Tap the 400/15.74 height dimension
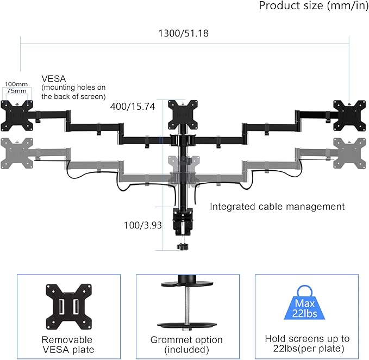[x=133, y=107]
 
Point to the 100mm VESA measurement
[x=15, y=84]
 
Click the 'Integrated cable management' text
[x=277, y=207]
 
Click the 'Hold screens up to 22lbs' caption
[x=307, y=344]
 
